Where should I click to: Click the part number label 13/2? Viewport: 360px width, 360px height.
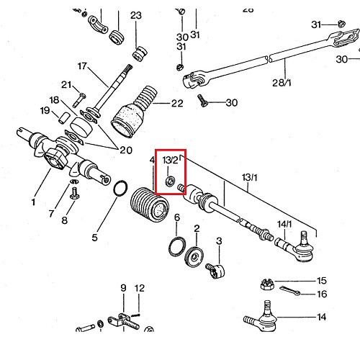pyautogui.click(x=171, y=159)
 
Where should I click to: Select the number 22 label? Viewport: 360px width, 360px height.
pyautogui.click(x=178, y=104)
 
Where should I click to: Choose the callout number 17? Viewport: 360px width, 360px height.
pyautogui.click(x=81, y=66)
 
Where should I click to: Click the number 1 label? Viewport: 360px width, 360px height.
pyautogui.click(x=32, y=202)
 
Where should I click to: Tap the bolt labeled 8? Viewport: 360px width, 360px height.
pyautogui.click(x=73, y=192)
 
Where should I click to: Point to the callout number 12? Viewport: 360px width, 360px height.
pyautogui.click(x=140, y=288)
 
